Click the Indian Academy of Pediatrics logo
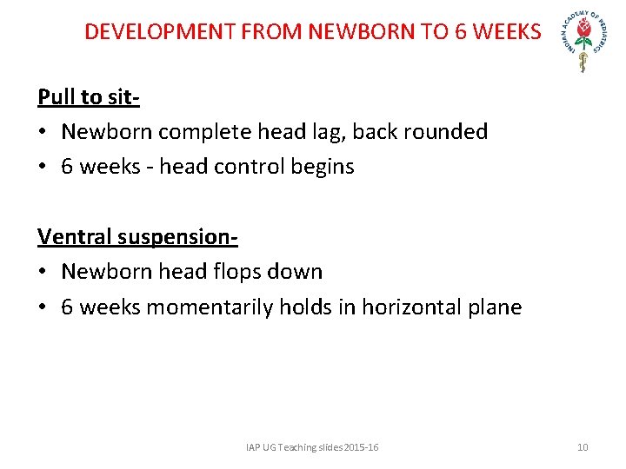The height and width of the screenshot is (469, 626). tap(585, 42)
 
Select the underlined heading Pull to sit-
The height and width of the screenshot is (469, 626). tap(89, 96)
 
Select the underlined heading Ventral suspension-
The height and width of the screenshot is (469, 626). tap(137, 236)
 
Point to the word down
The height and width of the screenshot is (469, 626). tap(296, 272)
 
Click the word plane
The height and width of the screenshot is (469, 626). tap(494, 307)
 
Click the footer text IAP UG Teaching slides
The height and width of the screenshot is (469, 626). tap(312, 447)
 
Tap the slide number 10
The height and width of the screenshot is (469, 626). tap(583, 447)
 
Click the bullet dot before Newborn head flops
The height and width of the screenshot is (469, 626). tap(43, 272)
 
